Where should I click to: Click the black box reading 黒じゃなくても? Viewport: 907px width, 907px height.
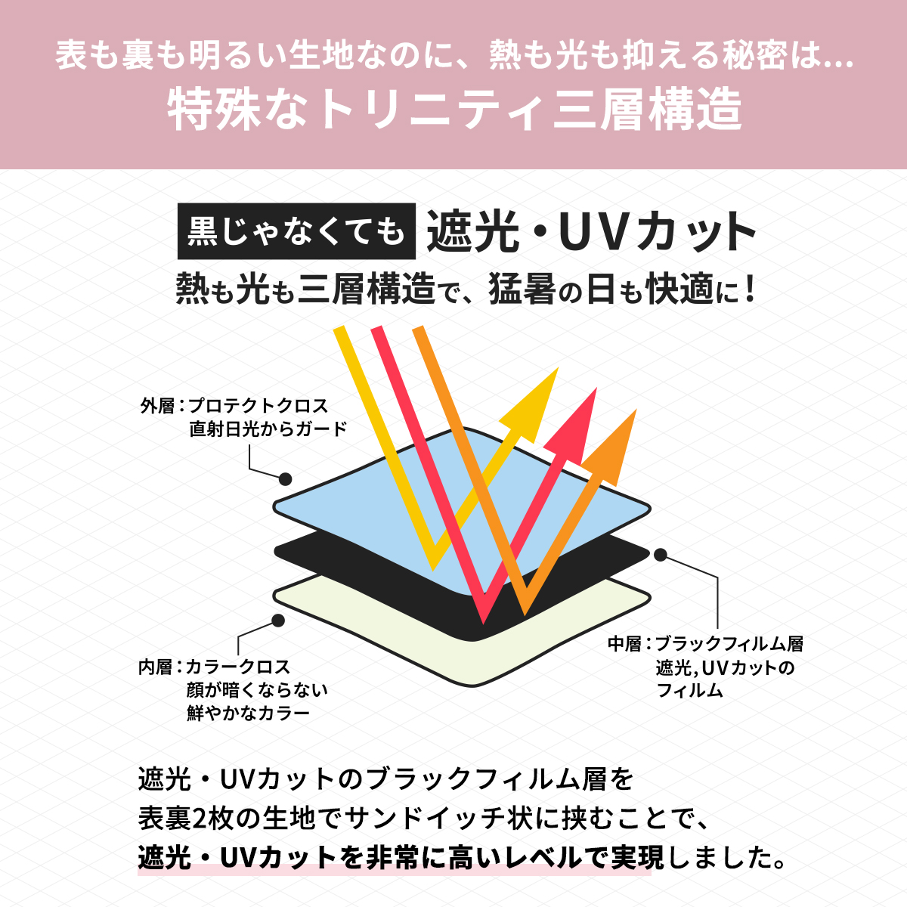coord(296,231)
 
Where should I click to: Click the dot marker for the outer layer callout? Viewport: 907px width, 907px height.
coord(285,479)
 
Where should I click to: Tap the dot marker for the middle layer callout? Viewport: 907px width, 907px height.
coord(661,555)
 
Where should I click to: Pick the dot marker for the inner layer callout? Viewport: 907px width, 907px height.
coord(278,621)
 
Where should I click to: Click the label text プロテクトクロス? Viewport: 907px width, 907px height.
coord(258,406)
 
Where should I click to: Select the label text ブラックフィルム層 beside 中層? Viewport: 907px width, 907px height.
coord(729,644)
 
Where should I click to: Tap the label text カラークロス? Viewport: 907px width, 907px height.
coord(238,667)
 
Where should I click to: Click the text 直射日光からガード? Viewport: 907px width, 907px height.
coord(268,429)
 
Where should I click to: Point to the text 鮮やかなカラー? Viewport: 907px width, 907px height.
coord(249,714)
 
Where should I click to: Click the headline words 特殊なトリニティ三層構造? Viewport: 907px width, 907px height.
coord(454,109)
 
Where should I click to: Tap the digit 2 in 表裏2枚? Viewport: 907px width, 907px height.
coord(199,819)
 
